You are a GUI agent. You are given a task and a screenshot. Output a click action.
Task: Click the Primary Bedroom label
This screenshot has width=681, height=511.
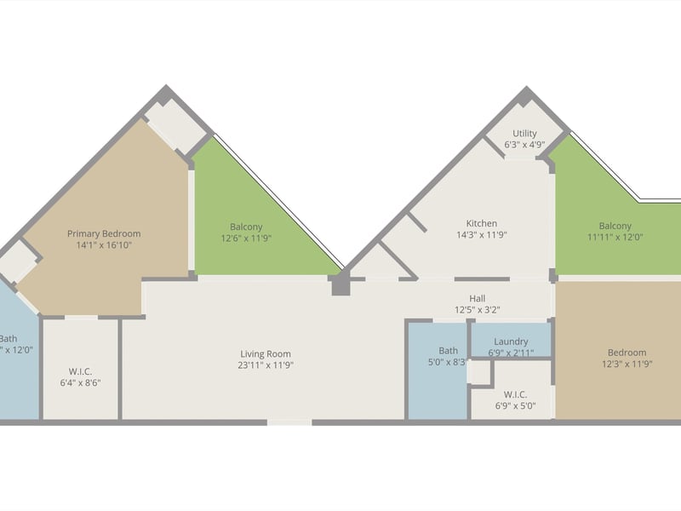click(104, 233)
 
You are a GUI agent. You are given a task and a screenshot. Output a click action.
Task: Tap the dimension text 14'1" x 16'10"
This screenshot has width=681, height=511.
click(104, 245)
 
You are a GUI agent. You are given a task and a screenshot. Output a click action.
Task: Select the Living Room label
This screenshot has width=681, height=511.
click(265, 354)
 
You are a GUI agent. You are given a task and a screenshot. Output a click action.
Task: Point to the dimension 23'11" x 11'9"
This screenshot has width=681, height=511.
click(265, 365)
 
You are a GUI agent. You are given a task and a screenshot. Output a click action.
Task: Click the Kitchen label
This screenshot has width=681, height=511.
click(481, 224)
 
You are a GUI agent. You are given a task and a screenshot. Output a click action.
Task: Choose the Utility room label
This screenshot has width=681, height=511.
click(524, 134)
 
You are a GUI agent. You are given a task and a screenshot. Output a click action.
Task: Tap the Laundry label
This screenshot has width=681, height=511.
click(511, 342)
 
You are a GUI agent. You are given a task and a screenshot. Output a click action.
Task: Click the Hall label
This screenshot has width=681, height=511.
click(478, 298)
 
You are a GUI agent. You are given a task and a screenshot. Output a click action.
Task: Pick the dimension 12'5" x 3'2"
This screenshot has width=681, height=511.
click(478, 310)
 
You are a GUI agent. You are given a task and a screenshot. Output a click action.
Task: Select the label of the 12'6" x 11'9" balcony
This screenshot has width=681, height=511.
click(246, 227)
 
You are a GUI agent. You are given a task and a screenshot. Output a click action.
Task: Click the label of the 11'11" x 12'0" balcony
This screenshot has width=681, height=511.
click(615, 226)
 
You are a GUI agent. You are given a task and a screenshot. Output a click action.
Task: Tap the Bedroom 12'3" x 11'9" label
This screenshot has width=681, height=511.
click(627, 353)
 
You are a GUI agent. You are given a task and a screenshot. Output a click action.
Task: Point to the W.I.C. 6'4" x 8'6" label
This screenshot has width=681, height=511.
click(80, 371)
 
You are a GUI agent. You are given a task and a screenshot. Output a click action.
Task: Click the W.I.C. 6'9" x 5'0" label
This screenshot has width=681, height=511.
click(515, 394)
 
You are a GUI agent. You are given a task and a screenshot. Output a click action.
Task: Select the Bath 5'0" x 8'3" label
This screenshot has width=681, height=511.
click(448, 350)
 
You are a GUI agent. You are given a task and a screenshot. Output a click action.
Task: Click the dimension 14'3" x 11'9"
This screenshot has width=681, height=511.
click(481, 235)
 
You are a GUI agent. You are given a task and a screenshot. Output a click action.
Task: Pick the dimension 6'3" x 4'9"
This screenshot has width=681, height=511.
click(524, 145)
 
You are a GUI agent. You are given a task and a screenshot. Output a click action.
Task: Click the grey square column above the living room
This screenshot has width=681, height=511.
click(340, 284)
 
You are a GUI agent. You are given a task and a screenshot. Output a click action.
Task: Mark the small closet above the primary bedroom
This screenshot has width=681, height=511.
click(175, 129)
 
